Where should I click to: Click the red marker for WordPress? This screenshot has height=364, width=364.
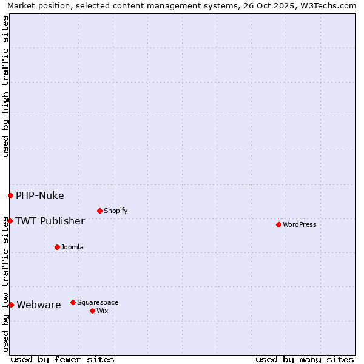[x=278, y=224]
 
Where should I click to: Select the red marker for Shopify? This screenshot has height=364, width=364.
[x=99, y=211]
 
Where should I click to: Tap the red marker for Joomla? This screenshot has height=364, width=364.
[x=57, y=247]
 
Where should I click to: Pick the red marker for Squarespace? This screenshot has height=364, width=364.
[x=73, y=302]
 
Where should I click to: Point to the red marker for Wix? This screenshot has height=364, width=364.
[x=92, y=311]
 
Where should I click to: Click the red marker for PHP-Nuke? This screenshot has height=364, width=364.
[x=10, y=195]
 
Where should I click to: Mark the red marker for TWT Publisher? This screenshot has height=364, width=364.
[x=10, y=221]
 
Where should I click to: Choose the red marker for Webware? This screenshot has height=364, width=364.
[x=11, y=305]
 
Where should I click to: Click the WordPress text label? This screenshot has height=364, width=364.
[x=300, y=224]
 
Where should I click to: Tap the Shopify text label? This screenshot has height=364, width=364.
[x=116, y=211]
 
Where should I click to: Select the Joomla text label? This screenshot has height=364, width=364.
[x=72, y=247]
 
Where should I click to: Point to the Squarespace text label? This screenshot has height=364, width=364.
[x=98, y=302]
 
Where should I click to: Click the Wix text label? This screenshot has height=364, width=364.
[x=103, y=311]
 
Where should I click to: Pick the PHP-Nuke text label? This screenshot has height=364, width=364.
[x=40, y=195]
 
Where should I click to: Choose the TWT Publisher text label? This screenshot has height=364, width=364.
[x=50, y=221]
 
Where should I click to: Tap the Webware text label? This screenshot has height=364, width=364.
[x=39, y=305]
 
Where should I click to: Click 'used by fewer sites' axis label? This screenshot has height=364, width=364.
[x=62, y=359]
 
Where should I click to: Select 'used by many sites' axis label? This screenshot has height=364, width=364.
[x=305, y=359]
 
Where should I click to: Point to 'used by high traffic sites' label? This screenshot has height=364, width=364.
[x=6, y=86]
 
